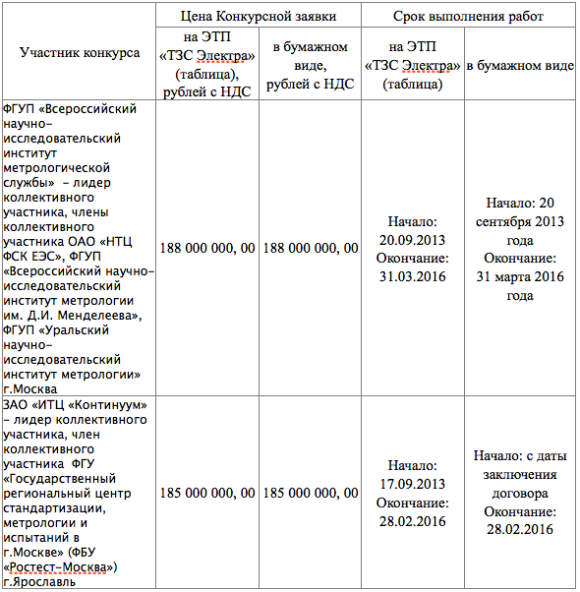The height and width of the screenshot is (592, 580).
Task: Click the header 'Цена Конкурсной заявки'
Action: click(259, 17)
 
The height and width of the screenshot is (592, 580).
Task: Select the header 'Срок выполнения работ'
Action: click(467, 17)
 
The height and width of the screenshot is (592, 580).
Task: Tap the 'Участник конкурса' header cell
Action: click(80, 53)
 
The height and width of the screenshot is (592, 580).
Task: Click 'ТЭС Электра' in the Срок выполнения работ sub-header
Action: click(413, 65)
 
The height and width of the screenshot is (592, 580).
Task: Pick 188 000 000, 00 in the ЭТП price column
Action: click(207, 248)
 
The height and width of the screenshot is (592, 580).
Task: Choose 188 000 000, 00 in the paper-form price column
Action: click(311, 248)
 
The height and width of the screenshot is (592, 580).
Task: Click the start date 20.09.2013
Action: click(412, 239)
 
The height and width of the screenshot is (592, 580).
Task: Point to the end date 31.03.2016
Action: click(412, 276)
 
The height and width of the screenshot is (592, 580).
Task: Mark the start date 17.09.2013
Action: click(412, 483)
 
